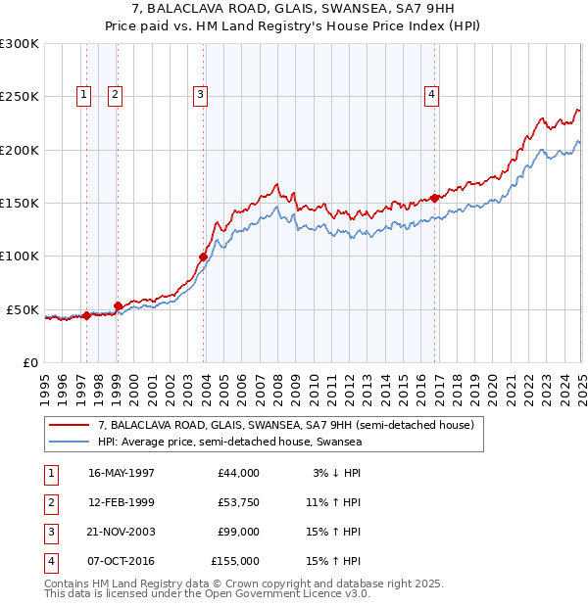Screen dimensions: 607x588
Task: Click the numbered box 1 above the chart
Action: [x=84, y=95]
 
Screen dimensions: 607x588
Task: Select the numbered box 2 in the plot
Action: [x=115, y=95]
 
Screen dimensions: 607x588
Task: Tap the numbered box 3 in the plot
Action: [x=200, y=95]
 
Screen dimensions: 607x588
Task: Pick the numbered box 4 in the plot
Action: [x=431, y=95]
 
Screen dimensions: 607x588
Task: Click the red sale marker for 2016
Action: [x=435, y=199]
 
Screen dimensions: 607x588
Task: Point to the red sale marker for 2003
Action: [x=204, y=257]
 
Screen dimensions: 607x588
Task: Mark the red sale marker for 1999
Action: [x=118, y=305]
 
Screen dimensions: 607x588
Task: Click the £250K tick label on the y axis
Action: [x=20, y=97]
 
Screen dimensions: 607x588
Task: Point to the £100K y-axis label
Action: [x=20, y=257]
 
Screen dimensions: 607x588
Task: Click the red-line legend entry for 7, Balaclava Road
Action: [x=285, y=425]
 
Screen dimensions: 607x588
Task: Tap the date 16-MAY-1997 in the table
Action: [x=122, y=473]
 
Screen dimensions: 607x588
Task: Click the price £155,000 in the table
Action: [x=235, y=561]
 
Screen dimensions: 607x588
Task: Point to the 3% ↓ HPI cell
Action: [x=337, y=473]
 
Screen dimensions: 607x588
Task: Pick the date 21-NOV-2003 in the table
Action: [x=122, y=532]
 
